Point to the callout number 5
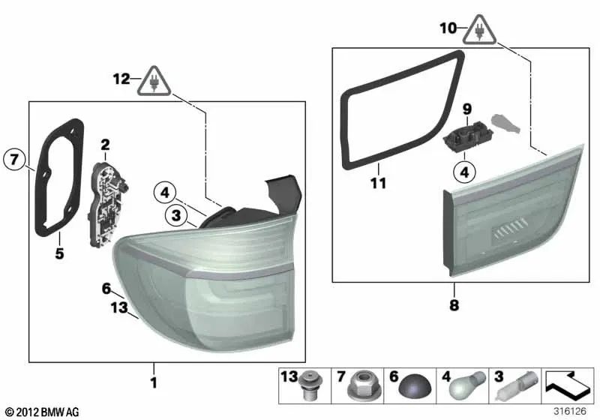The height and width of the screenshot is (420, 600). coord(59,253)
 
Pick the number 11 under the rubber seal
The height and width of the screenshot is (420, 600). coord(379,182)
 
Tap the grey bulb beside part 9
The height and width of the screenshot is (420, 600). coord(502,122)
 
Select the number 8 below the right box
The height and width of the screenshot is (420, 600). coord(454,305)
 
